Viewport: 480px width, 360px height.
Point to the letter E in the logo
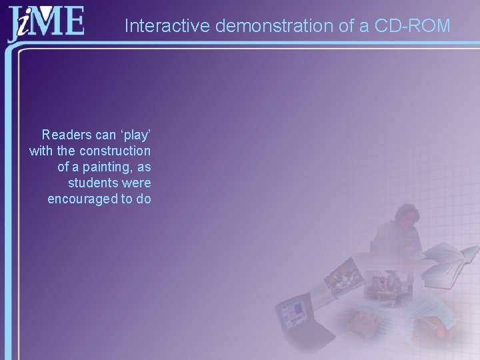coord(73,22)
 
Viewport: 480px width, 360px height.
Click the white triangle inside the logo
coord(47,12)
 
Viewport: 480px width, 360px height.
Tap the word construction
coord(115,151)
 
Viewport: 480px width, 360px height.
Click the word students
coord(91,183)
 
